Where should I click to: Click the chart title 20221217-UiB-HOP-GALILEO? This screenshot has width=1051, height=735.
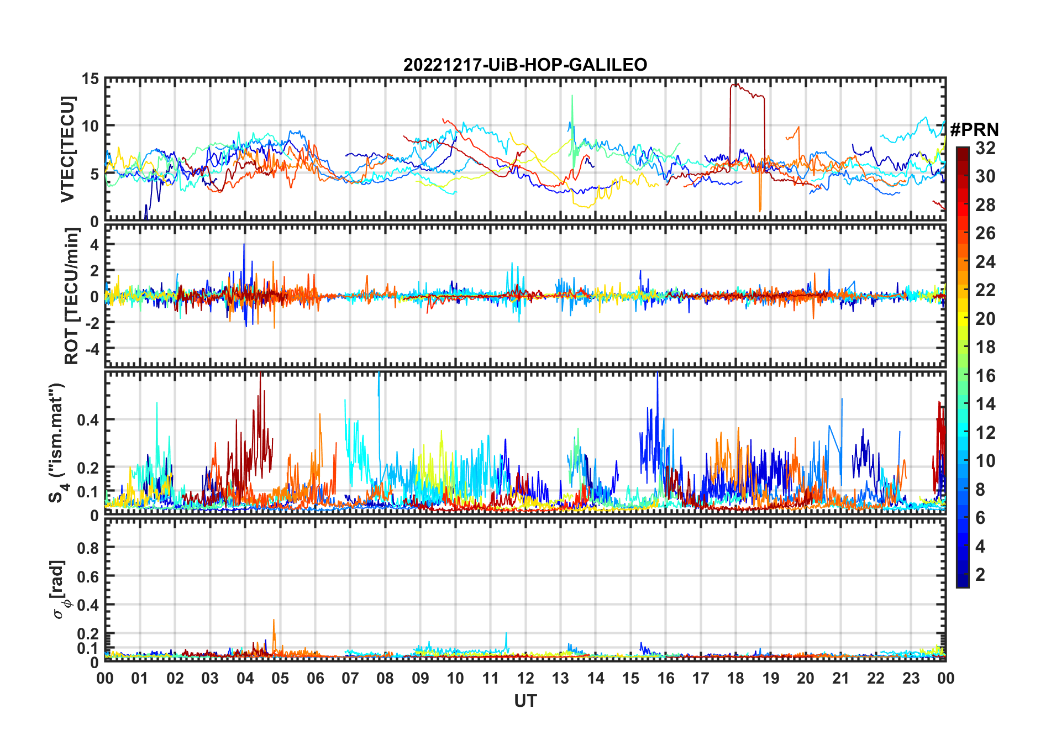525,65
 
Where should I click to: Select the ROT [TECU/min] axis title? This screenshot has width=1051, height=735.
71,296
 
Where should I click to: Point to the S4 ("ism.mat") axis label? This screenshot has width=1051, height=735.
57,443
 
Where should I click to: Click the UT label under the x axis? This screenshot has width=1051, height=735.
525,701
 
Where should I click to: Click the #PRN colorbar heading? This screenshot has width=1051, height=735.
974,130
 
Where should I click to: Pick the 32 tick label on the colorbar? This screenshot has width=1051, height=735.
985,148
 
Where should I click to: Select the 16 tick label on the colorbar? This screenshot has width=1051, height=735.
985,376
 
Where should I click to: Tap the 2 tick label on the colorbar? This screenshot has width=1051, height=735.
980,575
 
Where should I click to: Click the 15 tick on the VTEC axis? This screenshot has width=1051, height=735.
90,79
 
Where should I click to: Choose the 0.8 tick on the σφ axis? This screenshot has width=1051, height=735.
88,548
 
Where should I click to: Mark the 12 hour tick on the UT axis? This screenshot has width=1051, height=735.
525,679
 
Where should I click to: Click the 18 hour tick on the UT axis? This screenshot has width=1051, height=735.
735,679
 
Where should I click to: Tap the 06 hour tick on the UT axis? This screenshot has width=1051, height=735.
315,679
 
